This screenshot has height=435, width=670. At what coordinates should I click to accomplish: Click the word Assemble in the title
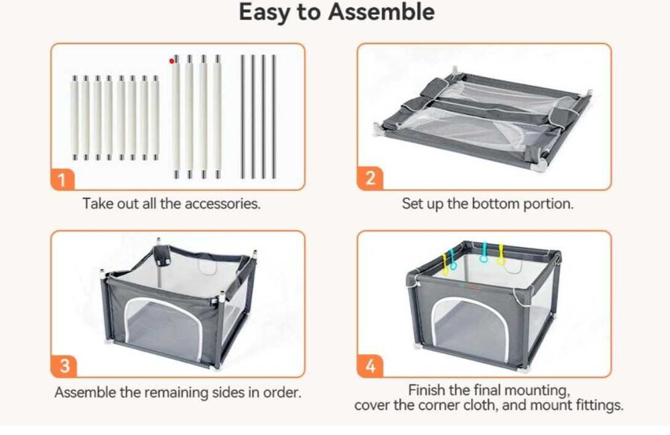pos(382,11)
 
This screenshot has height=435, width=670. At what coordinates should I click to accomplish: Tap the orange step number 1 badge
pos(62,180)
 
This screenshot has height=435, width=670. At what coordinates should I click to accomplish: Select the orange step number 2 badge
pos(370,178)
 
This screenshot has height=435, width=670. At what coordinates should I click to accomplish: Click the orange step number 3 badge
pos(64,366)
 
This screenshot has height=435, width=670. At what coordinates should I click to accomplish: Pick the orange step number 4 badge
pos(370,366)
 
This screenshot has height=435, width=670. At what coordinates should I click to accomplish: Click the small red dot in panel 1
pos(172,61)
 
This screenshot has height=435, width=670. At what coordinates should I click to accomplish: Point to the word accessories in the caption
pos(222,203)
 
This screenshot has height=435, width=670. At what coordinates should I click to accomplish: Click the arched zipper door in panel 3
pos(163,327)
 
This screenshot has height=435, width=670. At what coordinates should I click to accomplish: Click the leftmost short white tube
pos(75,119)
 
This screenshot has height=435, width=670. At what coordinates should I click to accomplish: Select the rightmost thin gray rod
pos(274,117)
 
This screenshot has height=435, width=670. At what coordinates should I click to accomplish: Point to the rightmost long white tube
pos(218,117)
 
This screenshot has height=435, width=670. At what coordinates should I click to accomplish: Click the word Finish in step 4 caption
pos(426,390)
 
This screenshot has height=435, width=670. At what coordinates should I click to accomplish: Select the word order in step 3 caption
pos(281,392)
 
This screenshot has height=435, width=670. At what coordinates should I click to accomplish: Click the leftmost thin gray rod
pos(243,117)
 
